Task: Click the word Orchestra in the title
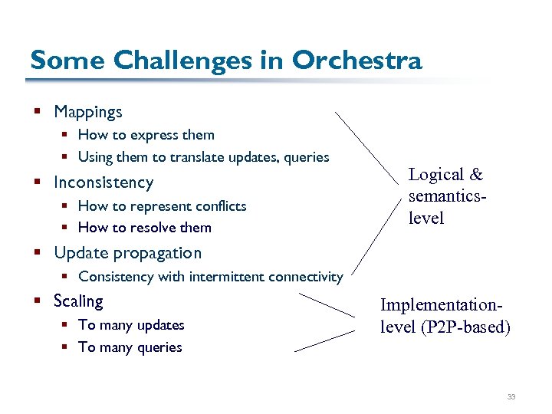[x=357, y=60]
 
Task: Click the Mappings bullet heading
[x=88, y=112]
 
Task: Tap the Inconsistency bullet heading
[x=103, y=182]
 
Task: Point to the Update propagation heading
[x=127, y=253]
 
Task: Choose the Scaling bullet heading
[x=78, y=301]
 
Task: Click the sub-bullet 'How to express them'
[x=146, y=135]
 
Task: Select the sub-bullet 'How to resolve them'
[x=144, y=228]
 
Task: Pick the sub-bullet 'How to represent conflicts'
[x=162, y=205]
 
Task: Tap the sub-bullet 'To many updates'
[x=131, y=325]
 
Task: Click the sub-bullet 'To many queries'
[x=130, y=347]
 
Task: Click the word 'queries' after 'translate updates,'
[x=306, y=157]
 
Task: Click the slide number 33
[x=511, y=397]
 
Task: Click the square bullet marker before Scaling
[x=36, y=301]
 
